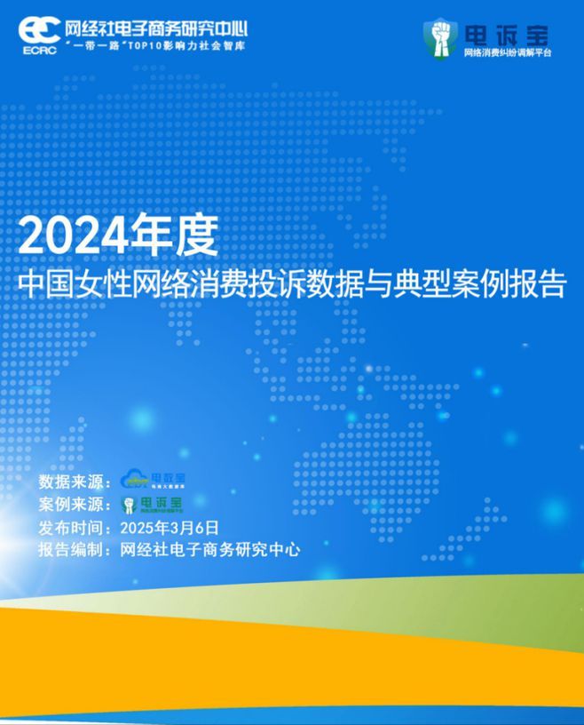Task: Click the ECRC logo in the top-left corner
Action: pos(38,32)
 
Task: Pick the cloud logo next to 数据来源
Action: pos(152,481)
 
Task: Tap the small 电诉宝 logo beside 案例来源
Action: pos(153,505)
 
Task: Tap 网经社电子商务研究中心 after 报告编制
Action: pos(210,550)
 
